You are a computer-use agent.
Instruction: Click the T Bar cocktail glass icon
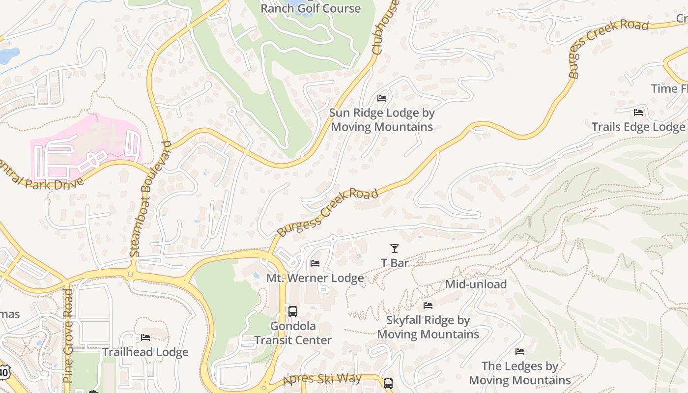pos(394,249)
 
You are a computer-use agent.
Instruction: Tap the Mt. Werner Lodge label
pos(315,278)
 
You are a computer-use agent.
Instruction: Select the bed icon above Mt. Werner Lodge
pos(315,264)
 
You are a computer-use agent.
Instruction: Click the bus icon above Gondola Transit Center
pos(293,311)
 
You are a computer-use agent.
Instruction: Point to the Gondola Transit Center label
pos(293,333)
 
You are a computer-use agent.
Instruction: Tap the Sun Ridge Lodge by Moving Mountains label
pos(382,120)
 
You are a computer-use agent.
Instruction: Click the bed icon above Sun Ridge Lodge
pos(382,98)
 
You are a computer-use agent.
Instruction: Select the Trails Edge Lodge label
pos(638,127)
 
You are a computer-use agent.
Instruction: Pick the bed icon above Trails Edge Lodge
pos(638,112)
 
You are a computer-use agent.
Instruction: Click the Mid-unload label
pos(476,284)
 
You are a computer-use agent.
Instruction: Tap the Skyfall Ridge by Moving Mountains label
pos(428,327)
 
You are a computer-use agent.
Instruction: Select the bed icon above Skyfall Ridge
pos(428,306)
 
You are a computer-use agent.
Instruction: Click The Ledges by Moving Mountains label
pos(520,373)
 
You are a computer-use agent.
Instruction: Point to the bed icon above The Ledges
pos(520,352)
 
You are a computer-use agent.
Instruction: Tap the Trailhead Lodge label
pos(145,352)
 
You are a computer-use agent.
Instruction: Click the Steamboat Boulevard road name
pos(150,199)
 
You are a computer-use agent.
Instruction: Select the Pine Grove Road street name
pos(68,336)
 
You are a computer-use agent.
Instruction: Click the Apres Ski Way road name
pos(322,380)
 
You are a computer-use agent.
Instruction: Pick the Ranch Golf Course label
pos(311,8)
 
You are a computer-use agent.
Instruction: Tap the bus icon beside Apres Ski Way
pos(388,383)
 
